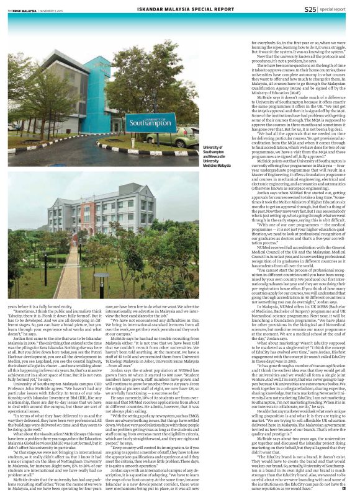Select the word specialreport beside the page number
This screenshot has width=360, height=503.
pos(335,9)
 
